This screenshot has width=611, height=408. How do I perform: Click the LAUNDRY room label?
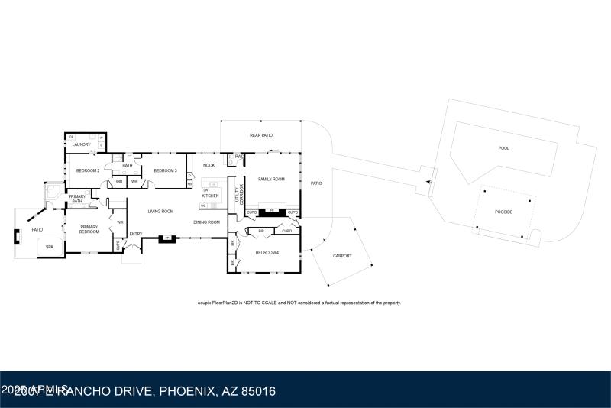[81, 144]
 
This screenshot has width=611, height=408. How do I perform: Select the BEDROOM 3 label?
[165, 170]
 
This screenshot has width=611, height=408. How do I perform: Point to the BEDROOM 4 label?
[266, 252]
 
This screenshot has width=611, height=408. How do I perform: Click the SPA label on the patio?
[50, 247]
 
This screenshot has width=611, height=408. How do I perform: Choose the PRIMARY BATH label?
[76, 199]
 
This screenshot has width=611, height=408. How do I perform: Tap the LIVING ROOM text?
[160, 211]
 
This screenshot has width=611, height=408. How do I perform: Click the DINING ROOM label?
[206, 222]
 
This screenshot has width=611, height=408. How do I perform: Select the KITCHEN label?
[210, 196]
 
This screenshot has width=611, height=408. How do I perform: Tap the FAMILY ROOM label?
[271, 179]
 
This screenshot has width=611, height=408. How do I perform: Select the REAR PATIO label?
[261, 135]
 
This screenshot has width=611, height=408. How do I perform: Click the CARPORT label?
[343, 255]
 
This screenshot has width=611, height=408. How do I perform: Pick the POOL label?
[503, 148]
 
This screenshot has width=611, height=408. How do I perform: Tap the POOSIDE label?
[503, 212]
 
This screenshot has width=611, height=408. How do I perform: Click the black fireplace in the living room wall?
[164, 239]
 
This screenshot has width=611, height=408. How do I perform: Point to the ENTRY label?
[136, 234]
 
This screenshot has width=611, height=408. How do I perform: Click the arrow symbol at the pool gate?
[428, 182]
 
